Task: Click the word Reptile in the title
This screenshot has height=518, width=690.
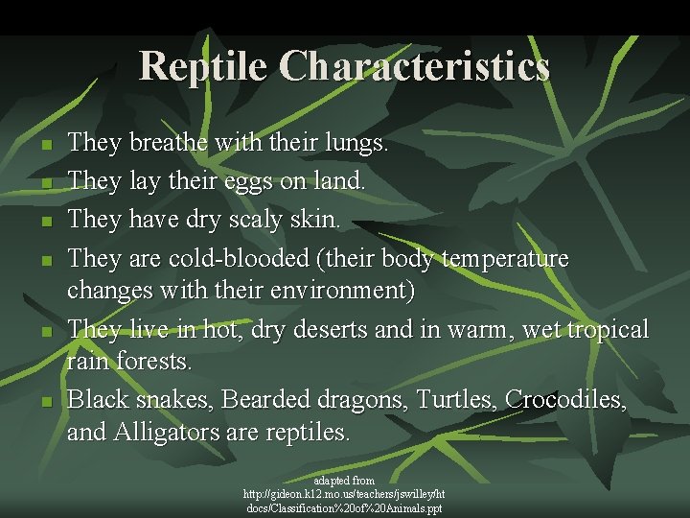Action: coord(204,66)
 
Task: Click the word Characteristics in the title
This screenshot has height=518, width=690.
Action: coord(415,66)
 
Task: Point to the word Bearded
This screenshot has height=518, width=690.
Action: coord(260,399)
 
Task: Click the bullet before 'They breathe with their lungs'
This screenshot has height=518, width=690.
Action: coord(46,147)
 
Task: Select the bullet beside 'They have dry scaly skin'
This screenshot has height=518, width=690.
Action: coord(46,222)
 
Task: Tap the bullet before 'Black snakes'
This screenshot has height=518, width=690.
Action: coord(46,401)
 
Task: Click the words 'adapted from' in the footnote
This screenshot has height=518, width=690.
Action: coord(344,480)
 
